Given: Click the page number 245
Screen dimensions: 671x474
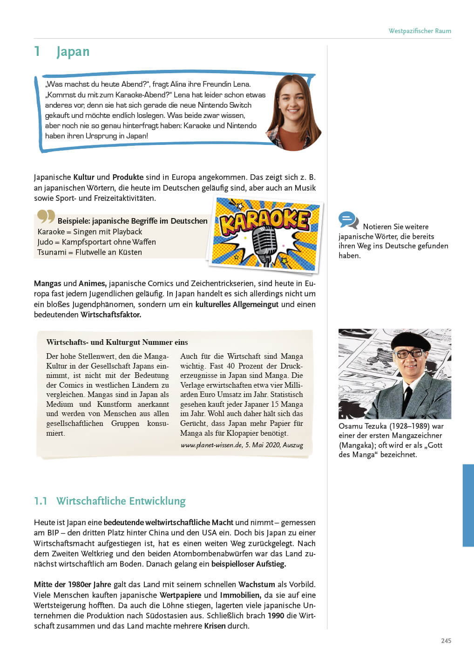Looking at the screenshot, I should coord(446,641).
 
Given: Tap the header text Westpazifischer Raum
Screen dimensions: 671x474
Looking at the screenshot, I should coord(420,31).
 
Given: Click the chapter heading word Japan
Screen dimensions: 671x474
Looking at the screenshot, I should coord(73,52).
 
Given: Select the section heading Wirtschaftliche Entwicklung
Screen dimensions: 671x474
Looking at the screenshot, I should coord(121,501).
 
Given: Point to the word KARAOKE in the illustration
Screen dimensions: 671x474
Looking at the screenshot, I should coord(264,219).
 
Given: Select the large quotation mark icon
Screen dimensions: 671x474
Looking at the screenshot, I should coord(46,216).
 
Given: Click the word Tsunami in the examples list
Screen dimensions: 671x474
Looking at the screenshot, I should coord(52,252).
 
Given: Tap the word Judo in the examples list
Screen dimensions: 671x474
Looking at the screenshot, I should coord(45,242).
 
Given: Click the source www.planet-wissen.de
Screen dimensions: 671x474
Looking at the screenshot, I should coord(211,445).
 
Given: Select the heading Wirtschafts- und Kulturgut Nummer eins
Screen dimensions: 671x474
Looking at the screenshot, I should coord(117,342).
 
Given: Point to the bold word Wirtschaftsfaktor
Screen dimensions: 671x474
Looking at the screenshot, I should coord(111,315).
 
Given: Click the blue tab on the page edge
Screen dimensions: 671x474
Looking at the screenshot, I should coord(468,505).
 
